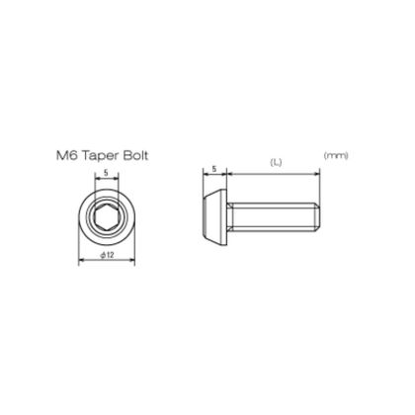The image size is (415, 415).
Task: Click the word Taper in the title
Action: click(x=102, y=156)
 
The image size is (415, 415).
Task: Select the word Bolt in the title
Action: click(x=136, y=155)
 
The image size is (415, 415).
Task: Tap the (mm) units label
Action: click(x=336, y=155)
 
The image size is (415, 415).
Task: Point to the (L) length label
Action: click(x=276, y=162)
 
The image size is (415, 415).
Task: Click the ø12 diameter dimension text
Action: click(x=107, y=255)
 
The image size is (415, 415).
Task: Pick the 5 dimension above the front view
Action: click(x=106, y=172)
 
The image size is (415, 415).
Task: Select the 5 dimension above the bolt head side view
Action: click(x=214, y=169)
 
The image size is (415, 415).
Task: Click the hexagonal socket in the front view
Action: click(x=107, y=216)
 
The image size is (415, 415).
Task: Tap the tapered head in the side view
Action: click(x=214, y=216)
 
